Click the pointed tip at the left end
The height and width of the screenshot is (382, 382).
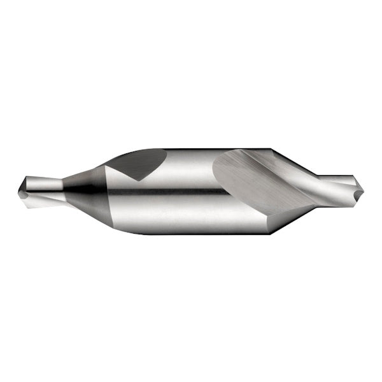pos(19,188)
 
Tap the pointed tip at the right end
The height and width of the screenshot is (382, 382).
pos(363,189)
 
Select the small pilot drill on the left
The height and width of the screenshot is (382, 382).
pos(39,188)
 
